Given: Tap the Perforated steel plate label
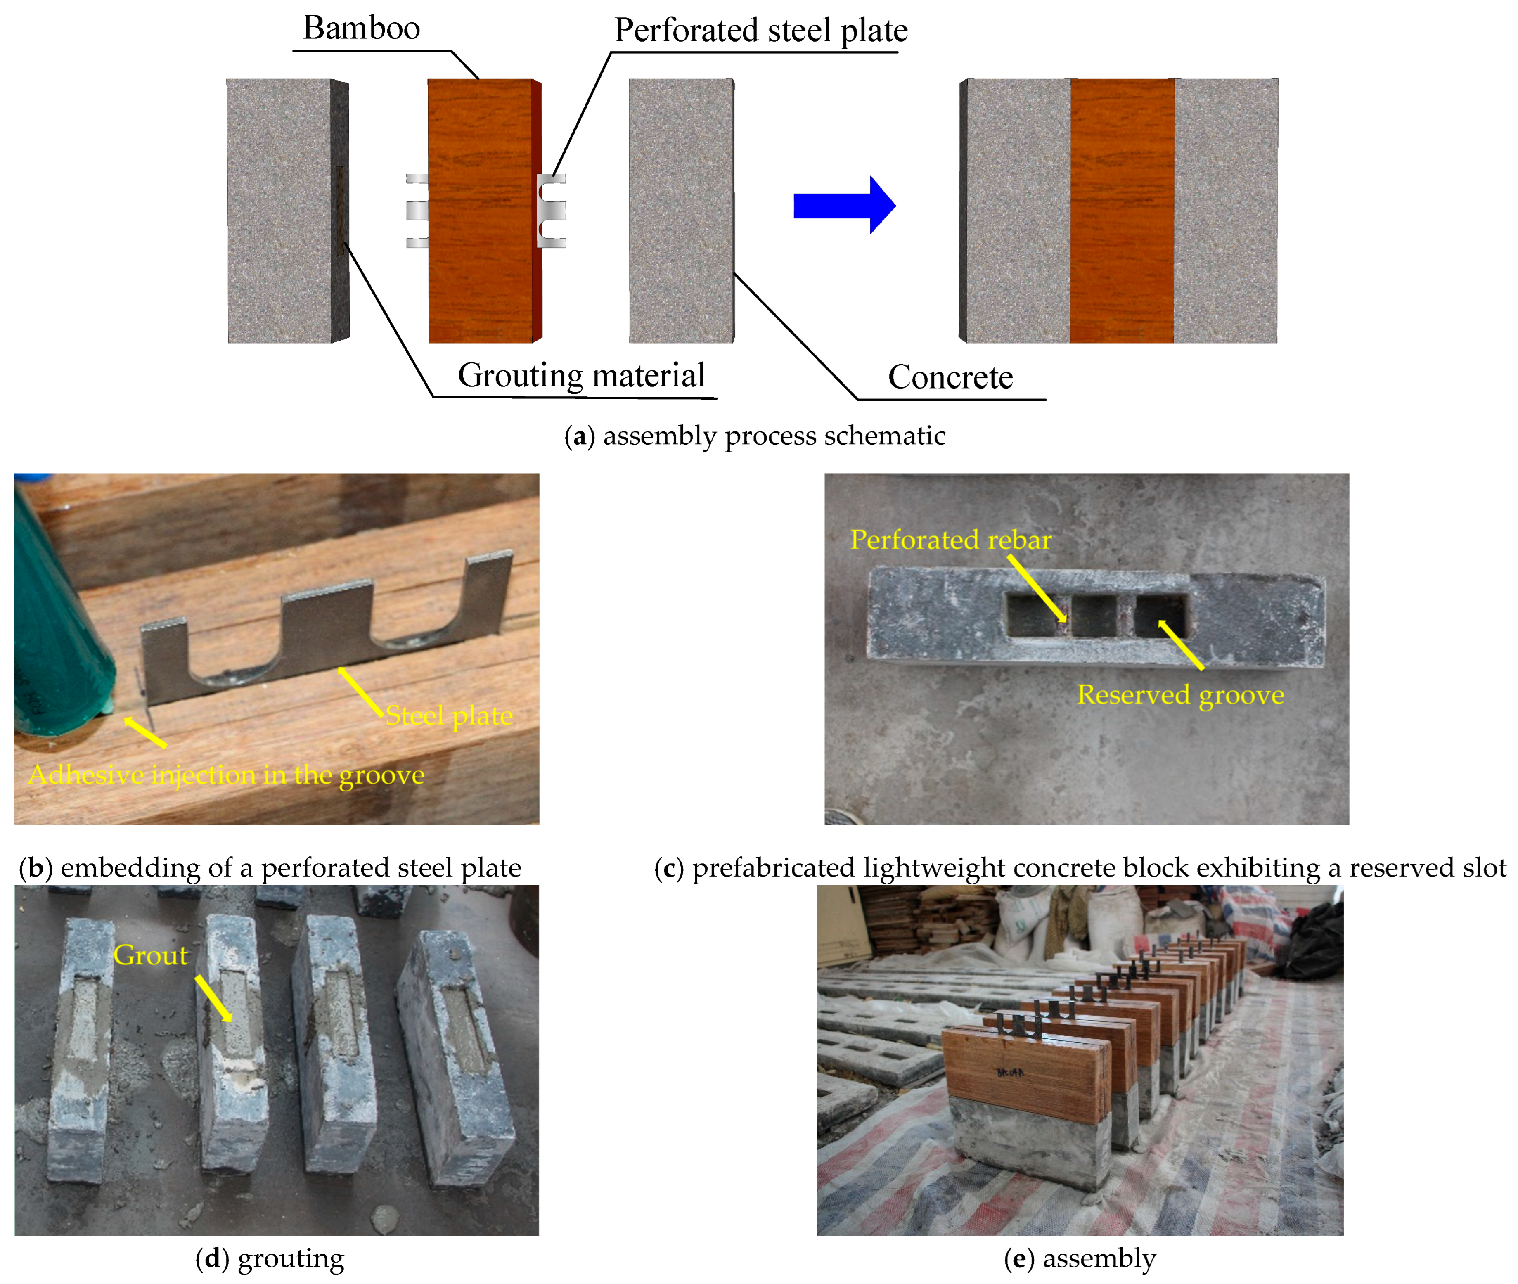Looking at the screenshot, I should point(760,31).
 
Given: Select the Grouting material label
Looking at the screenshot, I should point(581,376).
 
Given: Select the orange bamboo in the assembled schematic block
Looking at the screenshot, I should point(1121,211).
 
